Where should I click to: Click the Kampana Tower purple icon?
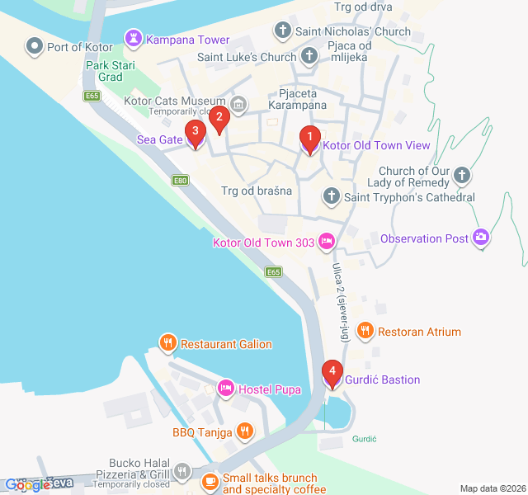[133, 39]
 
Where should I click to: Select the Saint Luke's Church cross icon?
[309, 57]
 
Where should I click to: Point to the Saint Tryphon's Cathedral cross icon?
[331, 196]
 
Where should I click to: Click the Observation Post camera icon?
[481, 238]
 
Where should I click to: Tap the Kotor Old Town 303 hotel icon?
[327, 242]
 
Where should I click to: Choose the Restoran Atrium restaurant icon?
[365, 332]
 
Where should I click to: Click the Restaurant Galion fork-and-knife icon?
[167, 343]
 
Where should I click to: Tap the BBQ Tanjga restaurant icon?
[244, 431]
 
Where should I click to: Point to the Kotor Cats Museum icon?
[238, 104]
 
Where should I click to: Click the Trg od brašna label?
[257, 191]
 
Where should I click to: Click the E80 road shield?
[179, 180]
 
